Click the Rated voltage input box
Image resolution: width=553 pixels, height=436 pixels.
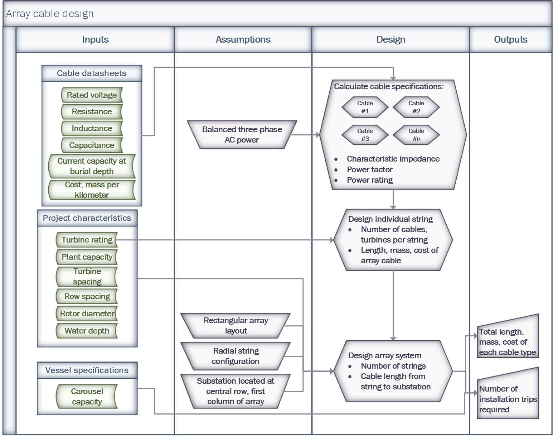(92, 95)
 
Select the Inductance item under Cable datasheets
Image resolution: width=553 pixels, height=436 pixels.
(92, 129)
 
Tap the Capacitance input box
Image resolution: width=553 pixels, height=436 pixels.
(92, 145)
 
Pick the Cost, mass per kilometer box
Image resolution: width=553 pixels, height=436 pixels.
(92, 190)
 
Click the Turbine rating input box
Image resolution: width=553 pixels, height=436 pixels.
(87, 240)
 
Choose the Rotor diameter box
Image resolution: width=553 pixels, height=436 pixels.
(87, 314)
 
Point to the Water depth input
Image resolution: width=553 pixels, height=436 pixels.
(87, 331)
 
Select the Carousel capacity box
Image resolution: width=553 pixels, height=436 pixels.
(87, 397)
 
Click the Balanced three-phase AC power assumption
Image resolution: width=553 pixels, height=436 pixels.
(242, 135)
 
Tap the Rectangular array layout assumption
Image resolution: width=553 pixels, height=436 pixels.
(236, 326)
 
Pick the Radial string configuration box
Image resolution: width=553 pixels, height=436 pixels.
(236, 356)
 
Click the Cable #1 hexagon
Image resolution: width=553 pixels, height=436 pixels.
(365, 107)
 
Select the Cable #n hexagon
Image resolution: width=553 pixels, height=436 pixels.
(416, 135)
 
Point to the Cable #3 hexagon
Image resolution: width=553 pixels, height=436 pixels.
(365, 135)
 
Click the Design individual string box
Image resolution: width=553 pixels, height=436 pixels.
(393, 240)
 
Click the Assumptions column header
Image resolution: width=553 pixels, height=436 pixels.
(243, 39)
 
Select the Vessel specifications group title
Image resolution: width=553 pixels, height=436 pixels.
(87, 370)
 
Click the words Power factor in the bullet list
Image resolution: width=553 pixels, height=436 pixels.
(370, 170)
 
